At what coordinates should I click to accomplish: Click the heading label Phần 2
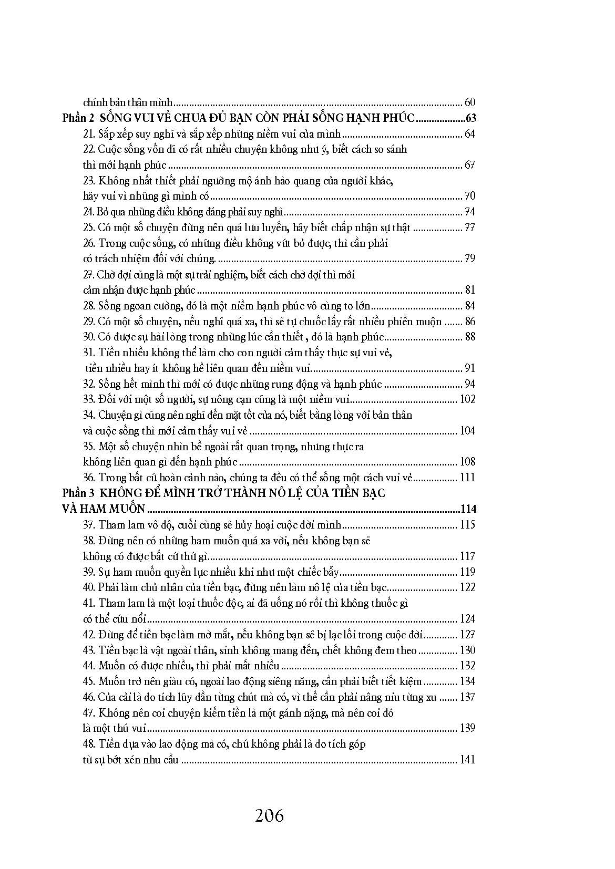tap(77, 118)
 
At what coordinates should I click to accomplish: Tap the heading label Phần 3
tap(77, 493)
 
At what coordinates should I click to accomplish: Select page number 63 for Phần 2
tap(469, 118)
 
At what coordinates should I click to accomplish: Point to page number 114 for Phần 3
tap(467, 509)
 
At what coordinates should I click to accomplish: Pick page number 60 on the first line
tap(470, 102)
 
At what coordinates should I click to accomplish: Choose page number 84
tap(470, 306)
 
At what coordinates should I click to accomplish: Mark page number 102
tap(467, 399)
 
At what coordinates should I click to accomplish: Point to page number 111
tap(467, 478)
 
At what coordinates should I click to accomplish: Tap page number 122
tap(467, 587)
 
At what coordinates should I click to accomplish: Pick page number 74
tap(470, 212)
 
